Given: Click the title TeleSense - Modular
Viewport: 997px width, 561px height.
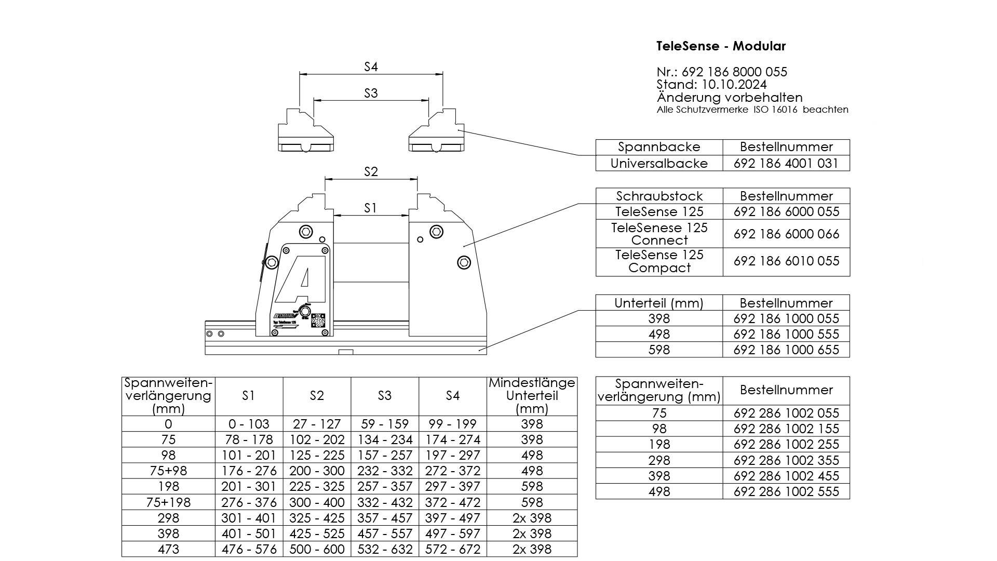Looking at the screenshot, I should [x=721, y=46].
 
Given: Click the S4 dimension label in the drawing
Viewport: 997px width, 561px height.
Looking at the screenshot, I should [x=371, y=67].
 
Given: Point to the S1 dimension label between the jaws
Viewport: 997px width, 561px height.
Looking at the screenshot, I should [x=370, y=208].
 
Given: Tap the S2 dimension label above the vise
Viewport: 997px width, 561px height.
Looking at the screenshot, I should [x=371, y=172].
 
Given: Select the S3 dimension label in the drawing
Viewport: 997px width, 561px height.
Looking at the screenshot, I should [x=371, y=94].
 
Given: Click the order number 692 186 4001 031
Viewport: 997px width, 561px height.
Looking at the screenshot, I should [x=786, y=164].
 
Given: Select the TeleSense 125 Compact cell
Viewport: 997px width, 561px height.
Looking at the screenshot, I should [x=659, y=261].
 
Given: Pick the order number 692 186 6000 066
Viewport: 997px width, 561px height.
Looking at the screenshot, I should [x=786, y=234].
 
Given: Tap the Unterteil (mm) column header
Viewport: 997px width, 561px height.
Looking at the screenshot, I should [x=659, y=303].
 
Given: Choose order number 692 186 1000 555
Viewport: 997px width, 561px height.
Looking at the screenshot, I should [x=786, y=335].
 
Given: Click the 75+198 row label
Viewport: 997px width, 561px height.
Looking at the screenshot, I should [x=168, y=502].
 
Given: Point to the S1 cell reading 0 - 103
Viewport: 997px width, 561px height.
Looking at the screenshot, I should [x=249, y=424].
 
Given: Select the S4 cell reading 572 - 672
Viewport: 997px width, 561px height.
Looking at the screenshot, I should [x=452, y=549].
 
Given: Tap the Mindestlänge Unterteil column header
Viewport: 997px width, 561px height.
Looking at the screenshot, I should [x=532, y=396].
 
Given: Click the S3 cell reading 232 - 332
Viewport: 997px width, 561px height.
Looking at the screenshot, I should [x=385, y=471].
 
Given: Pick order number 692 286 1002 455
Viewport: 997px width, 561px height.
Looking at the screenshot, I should [x=786, y=476].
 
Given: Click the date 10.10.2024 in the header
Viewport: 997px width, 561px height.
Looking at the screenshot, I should [x=734, y=85].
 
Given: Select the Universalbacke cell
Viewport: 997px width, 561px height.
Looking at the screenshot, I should [x=659, y=164].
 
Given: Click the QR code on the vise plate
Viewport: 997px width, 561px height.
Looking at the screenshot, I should [x=318, y=320].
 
